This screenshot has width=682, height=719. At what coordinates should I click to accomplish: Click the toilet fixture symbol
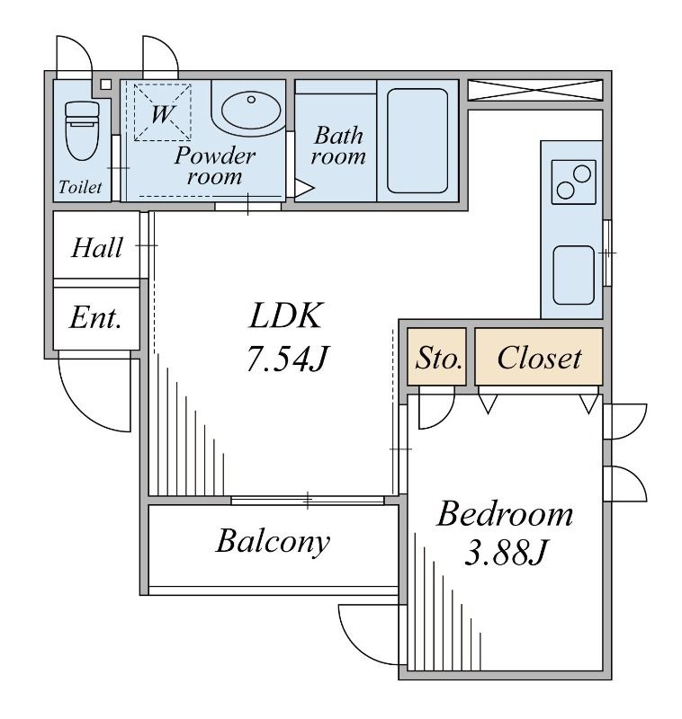(x=82, y=130)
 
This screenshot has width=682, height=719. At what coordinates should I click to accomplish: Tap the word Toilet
(x=80, y=187)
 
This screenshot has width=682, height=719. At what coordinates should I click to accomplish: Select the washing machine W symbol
(x=162, y=112)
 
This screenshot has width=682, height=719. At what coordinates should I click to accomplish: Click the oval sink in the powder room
(x=251, y=110)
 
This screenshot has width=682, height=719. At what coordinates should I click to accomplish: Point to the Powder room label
(x=214, y=165)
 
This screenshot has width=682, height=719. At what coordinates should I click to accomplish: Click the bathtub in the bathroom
(x=417, y=141)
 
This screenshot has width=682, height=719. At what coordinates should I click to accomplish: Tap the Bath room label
(x=338, y=146)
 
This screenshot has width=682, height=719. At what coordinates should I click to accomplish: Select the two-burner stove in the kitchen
(x=574, y=182)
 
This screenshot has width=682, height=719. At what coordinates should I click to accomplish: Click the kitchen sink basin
(x=574, y=275)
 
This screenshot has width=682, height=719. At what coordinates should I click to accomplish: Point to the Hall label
(x=97, y=248)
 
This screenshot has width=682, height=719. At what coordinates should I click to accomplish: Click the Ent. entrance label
(x=95, y=317)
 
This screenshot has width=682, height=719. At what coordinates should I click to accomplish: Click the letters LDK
(x=285, y=315)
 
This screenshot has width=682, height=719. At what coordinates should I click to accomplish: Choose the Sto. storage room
(x=437, y=357)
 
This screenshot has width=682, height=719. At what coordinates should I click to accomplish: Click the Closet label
(x=539, y=358)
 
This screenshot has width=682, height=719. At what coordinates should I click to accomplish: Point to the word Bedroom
(x=506, y=514)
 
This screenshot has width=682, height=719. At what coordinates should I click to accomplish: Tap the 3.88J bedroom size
(x=506, y=553)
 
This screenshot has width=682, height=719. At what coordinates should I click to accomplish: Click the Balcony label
(x=274, y=542)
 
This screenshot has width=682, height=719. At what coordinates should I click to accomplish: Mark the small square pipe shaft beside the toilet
(x=106, y=84)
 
